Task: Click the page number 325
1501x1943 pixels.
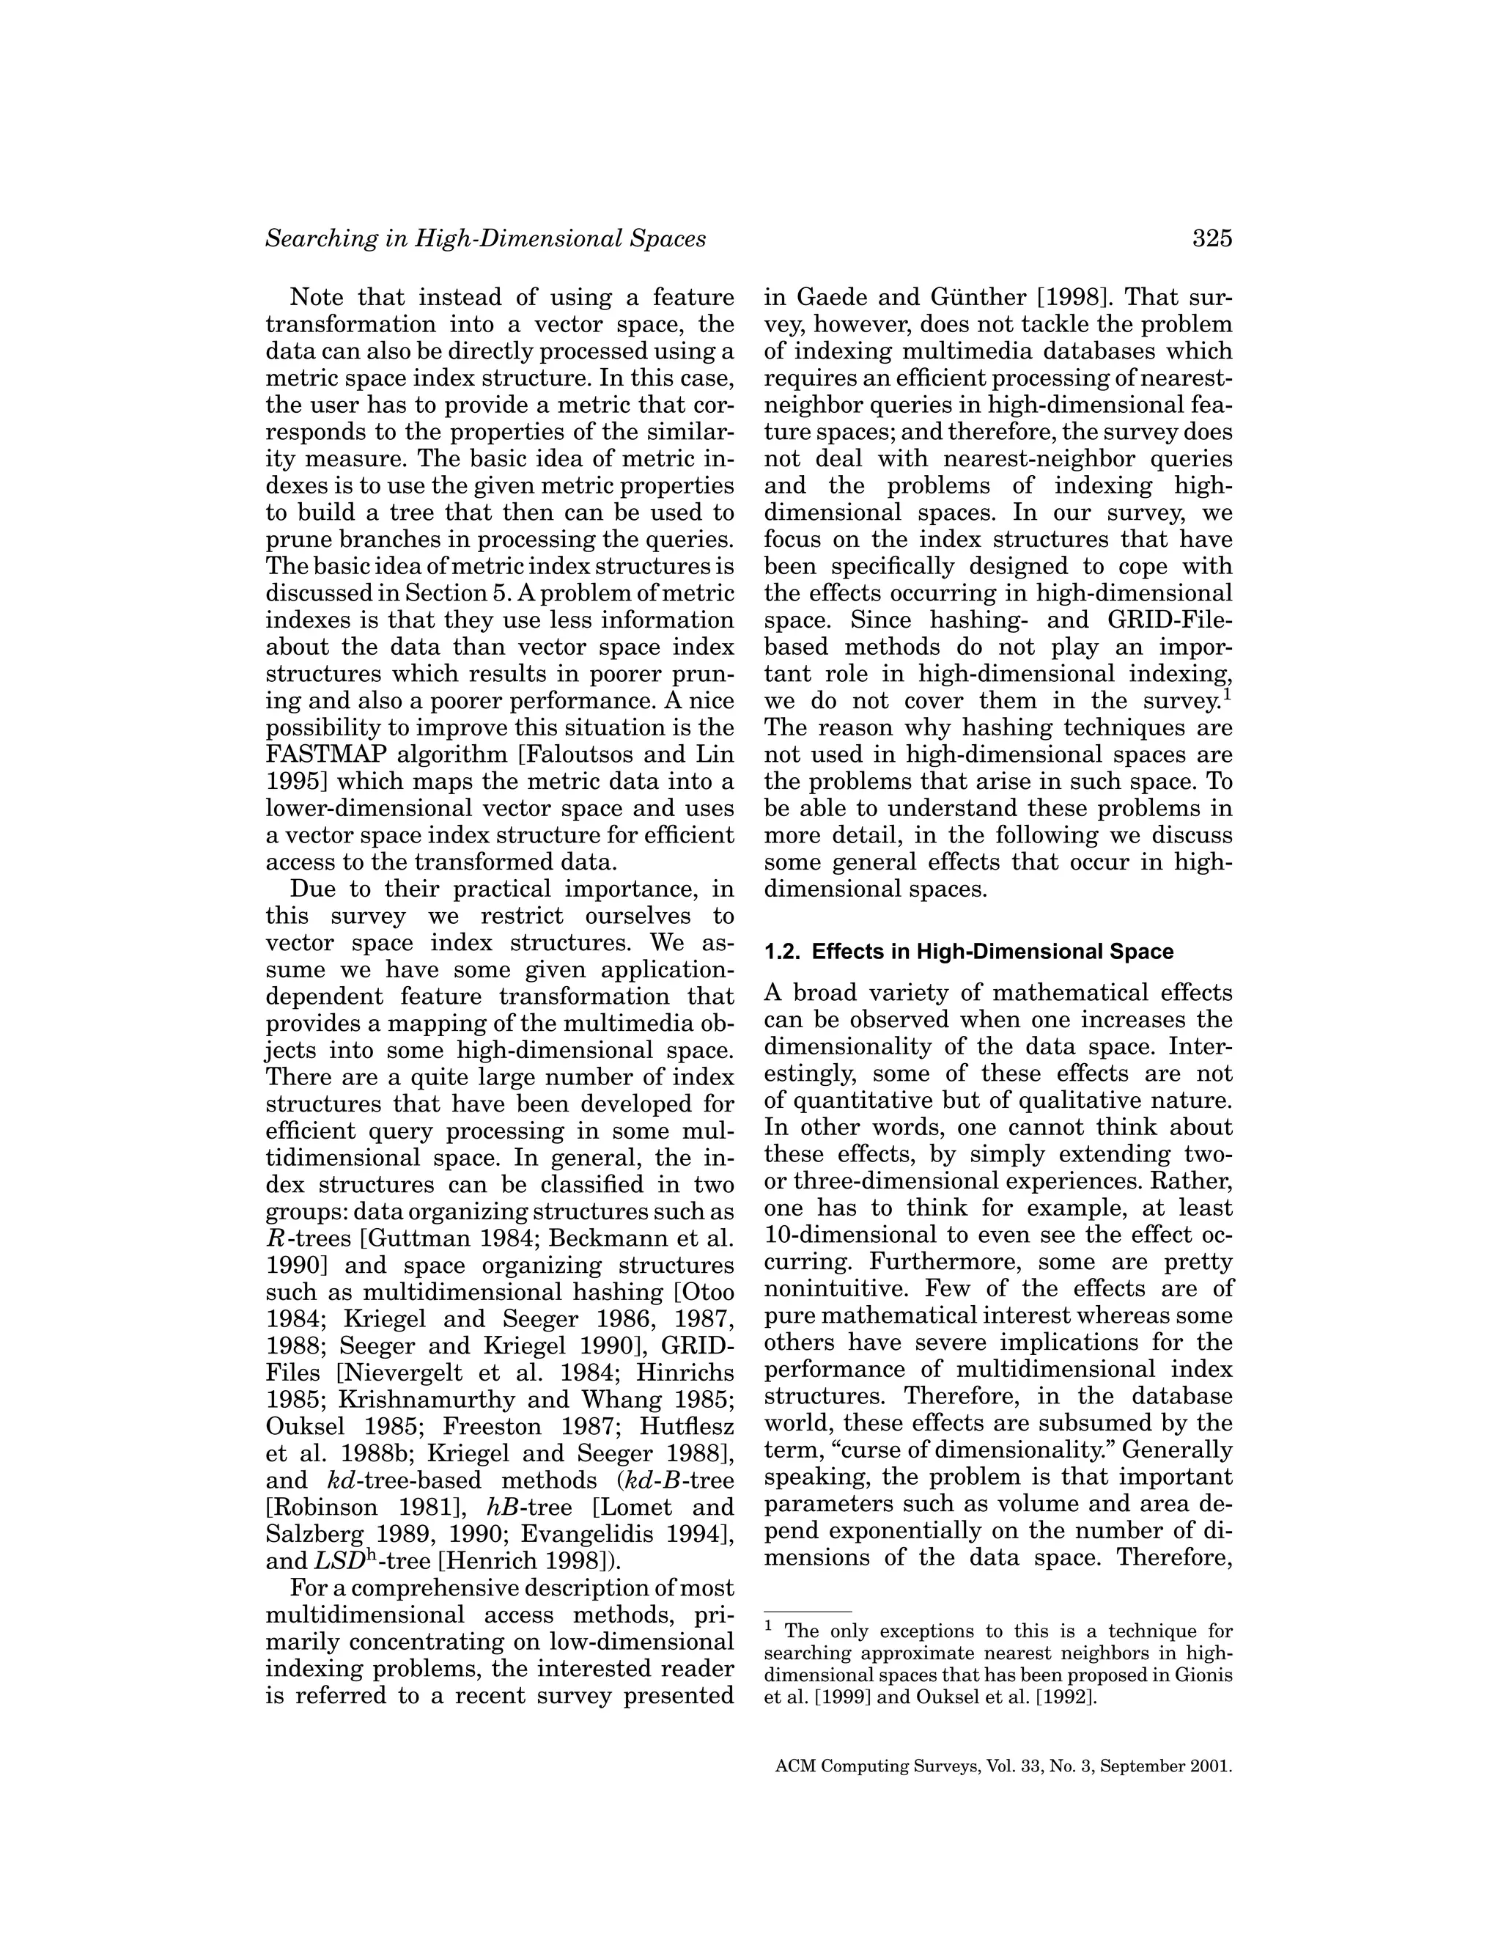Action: (1212, 238)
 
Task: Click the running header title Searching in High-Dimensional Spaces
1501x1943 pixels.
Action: (485, 238)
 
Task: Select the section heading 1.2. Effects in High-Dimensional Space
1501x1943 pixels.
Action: (968, 952)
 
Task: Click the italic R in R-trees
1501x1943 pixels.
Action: (274, 1238)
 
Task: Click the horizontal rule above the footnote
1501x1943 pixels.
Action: (808, 1611)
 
